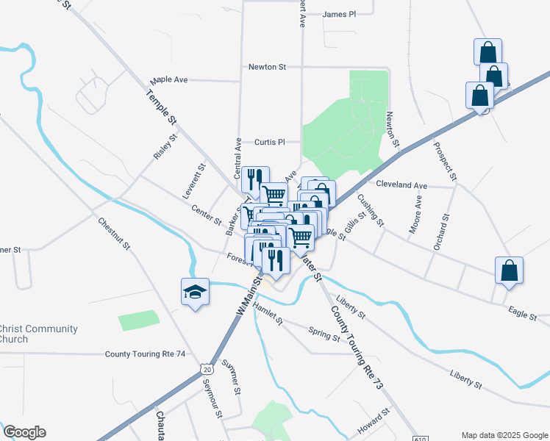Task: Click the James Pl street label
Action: pos(338,14)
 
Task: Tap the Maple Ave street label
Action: pos(169,79)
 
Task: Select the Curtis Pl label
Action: pos(269,142)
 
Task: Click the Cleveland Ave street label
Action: pos(401,186)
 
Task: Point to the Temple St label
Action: pos(162,107)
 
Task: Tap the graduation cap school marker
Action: pos(194,293)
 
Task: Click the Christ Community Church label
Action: pos(38,334)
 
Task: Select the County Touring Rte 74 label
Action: pos(145,354)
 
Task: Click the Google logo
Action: pos(24,432)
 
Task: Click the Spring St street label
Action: pos(324,334)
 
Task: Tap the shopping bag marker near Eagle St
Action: pos(509,270)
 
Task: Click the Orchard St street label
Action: pos(441,232)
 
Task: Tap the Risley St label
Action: pos(165,147)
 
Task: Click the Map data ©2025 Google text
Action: pos(504,434)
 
